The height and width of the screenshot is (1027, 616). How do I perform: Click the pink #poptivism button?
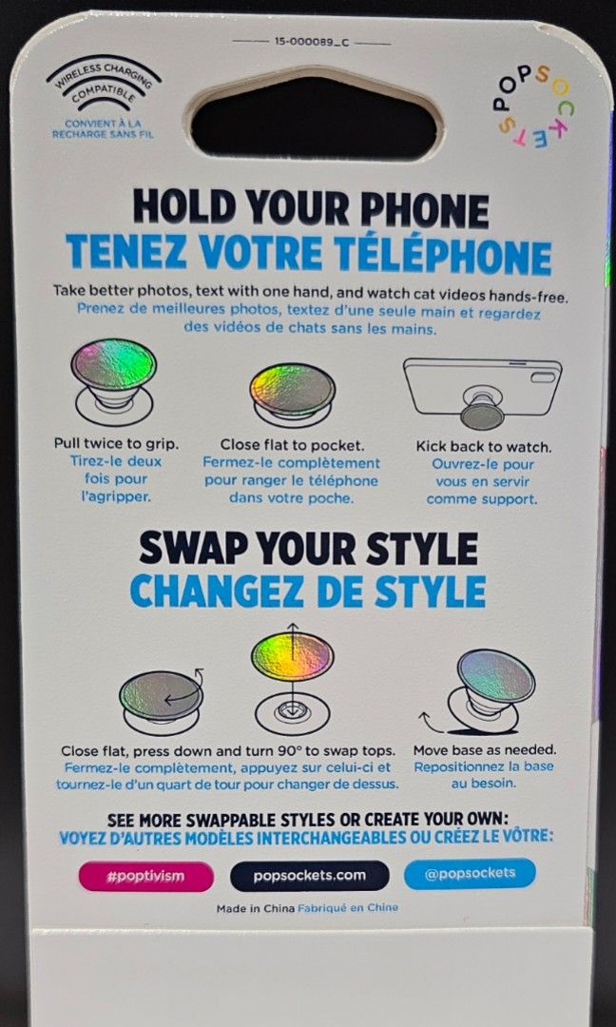point(146,877)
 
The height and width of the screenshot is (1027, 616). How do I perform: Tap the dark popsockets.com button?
point(310,876)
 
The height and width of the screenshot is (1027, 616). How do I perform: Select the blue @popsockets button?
point(470,874)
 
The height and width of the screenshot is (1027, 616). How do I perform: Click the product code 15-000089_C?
point(312,42)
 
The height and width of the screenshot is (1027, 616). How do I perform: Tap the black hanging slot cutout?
point(314,119)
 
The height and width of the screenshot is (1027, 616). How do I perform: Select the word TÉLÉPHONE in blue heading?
point(443,254)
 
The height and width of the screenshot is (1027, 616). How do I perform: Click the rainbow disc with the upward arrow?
point(293,656)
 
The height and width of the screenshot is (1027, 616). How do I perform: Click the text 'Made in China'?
point(256,908)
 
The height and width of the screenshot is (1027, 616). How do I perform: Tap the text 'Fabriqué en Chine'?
point(348,908)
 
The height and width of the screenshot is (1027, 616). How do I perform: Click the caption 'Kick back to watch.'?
point(484,447)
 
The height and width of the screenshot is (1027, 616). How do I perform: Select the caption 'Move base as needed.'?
point(485,750)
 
